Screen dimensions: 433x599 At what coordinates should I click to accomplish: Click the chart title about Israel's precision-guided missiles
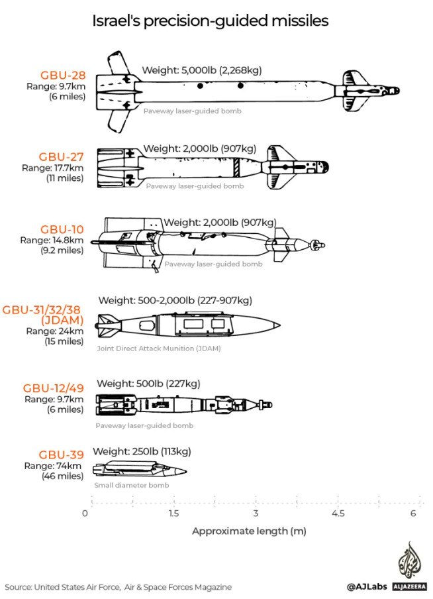pos(211,21)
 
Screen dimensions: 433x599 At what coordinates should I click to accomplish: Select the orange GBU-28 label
pos(63,76)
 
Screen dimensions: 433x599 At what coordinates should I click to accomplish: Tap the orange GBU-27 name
pos(61,156)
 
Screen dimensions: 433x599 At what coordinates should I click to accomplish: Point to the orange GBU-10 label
pos(62,229)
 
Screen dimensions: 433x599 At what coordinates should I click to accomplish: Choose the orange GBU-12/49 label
pos(54,388)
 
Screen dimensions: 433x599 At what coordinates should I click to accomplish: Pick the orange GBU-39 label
pos(61,455)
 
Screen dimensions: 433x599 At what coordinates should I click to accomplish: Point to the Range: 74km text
pos(53,466)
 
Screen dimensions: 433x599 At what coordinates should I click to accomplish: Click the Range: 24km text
pos(54,331)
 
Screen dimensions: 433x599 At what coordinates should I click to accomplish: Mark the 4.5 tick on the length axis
pos(338,513)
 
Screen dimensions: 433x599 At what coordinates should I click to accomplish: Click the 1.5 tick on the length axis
pos(173,513)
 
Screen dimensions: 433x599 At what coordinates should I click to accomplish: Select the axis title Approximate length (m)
pos(249,531)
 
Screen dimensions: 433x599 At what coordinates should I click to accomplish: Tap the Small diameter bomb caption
pos(132,485)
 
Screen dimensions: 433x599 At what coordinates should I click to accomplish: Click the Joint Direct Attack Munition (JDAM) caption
pos(159,349)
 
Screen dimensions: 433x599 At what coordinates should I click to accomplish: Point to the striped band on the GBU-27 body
pos(237,168)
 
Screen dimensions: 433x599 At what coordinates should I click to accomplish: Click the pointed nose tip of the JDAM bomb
pos(280,326)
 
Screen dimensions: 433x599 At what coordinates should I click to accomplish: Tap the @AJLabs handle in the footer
pos(367,586)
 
